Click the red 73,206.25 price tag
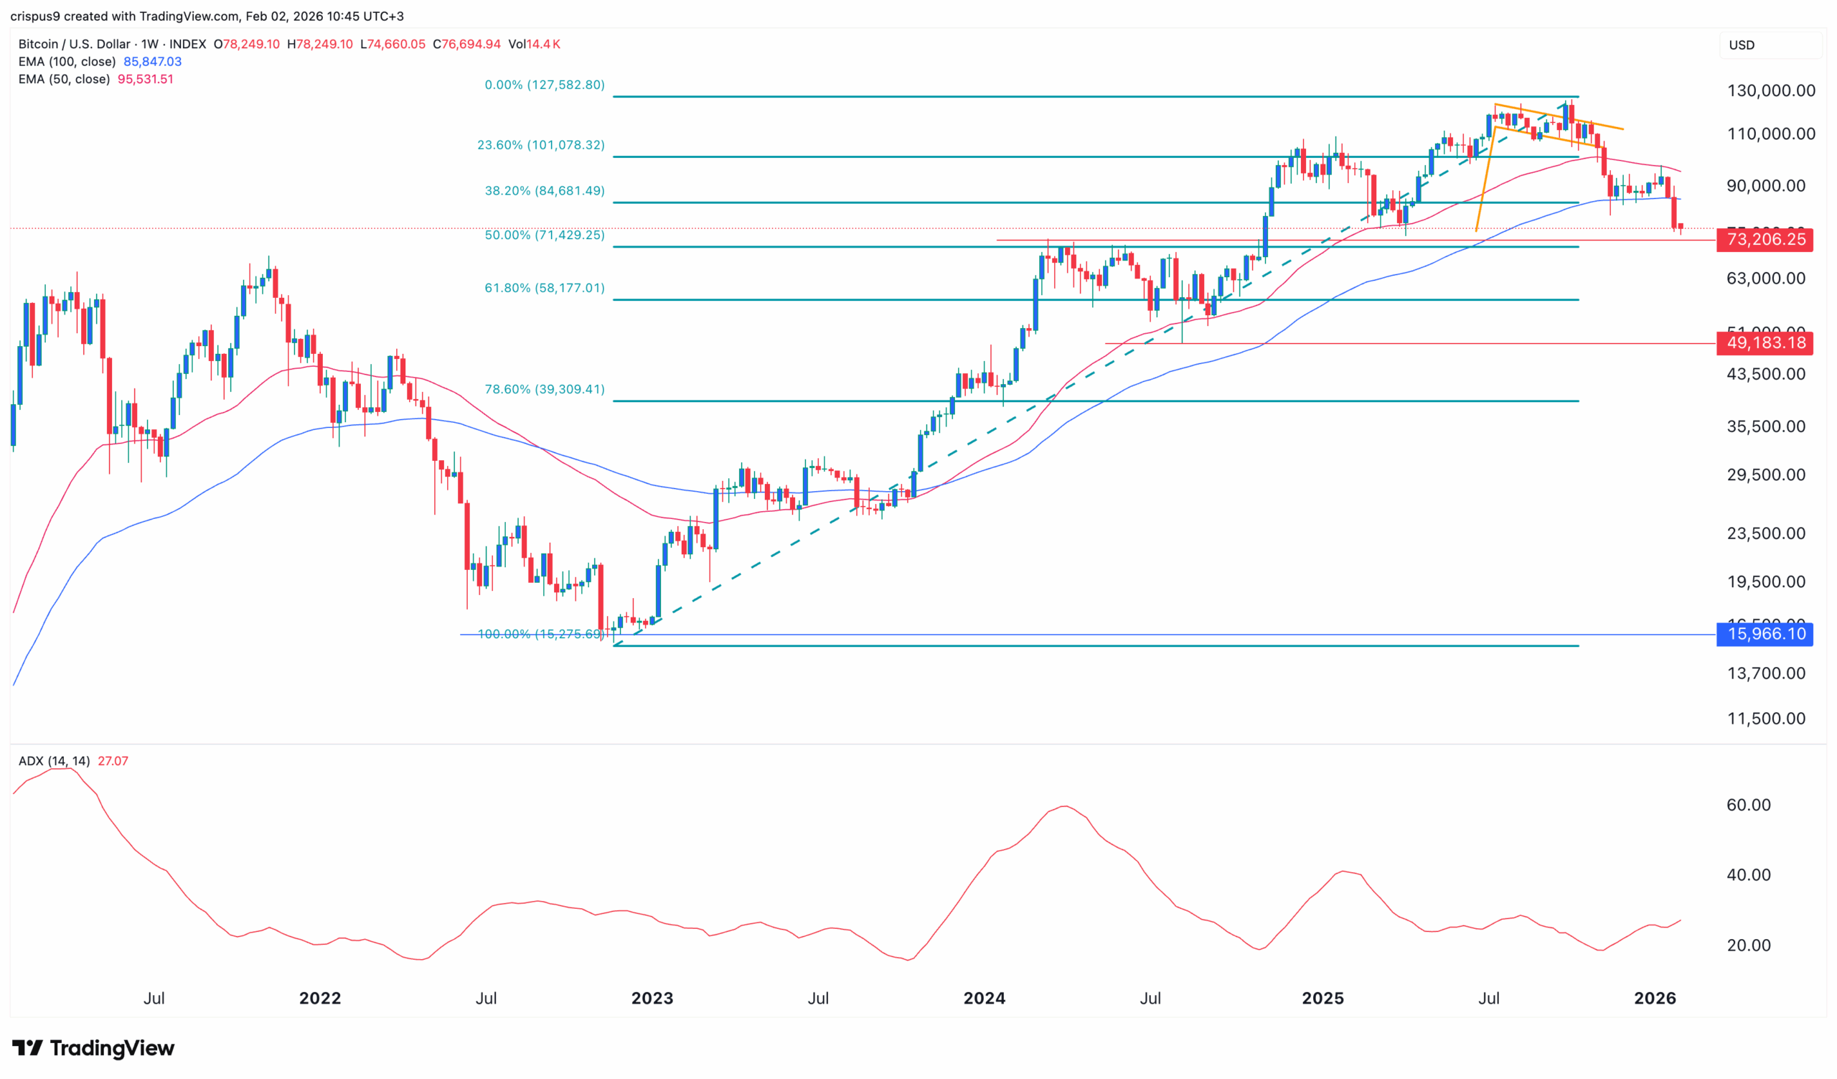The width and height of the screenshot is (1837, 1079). pos(1764,240)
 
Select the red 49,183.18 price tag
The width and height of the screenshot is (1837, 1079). pos(1764,342)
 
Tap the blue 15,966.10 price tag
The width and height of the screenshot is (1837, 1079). pos(1764,634)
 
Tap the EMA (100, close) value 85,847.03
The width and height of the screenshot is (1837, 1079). pos(152,62)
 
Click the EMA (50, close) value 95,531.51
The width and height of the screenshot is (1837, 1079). pos(145,80)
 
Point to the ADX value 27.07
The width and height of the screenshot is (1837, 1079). pos(113,761)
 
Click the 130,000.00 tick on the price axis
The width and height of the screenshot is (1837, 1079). pos(1771,91)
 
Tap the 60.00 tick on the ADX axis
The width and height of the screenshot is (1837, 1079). pos(1748,805)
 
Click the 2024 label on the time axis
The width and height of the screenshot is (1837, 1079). pos(984,998)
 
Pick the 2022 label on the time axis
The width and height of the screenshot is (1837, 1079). pos(320,998)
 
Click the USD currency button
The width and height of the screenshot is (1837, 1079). pos(1742,45)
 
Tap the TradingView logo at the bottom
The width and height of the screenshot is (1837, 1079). pos(93,1048)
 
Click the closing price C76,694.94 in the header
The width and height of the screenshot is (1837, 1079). pos(466,45)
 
